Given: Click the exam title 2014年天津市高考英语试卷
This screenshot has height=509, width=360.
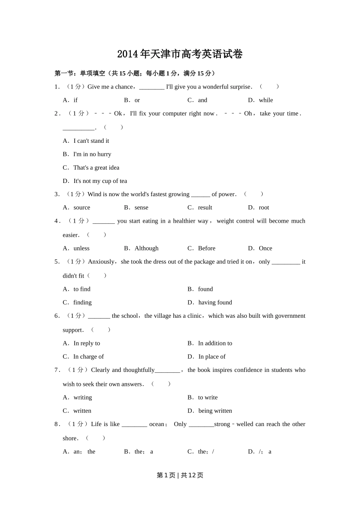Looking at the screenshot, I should [180, 54].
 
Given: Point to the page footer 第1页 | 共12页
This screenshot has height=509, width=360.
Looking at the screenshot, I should [180, 475].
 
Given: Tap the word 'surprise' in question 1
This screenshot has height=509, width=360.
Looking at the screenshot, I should [240, 87].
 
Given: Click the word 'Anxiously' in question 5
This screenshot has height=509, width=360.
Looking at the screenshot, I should [101, 262].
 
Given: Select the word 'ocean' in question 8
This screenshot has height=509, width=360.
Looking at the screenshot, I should [157, 424].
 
